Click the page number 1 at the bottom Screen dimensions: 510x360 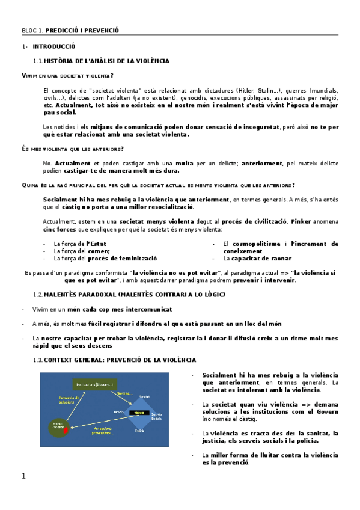click(x=23, y=477)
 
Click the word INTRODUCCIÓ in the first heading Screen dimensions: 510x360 click(x=53, y=46)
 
